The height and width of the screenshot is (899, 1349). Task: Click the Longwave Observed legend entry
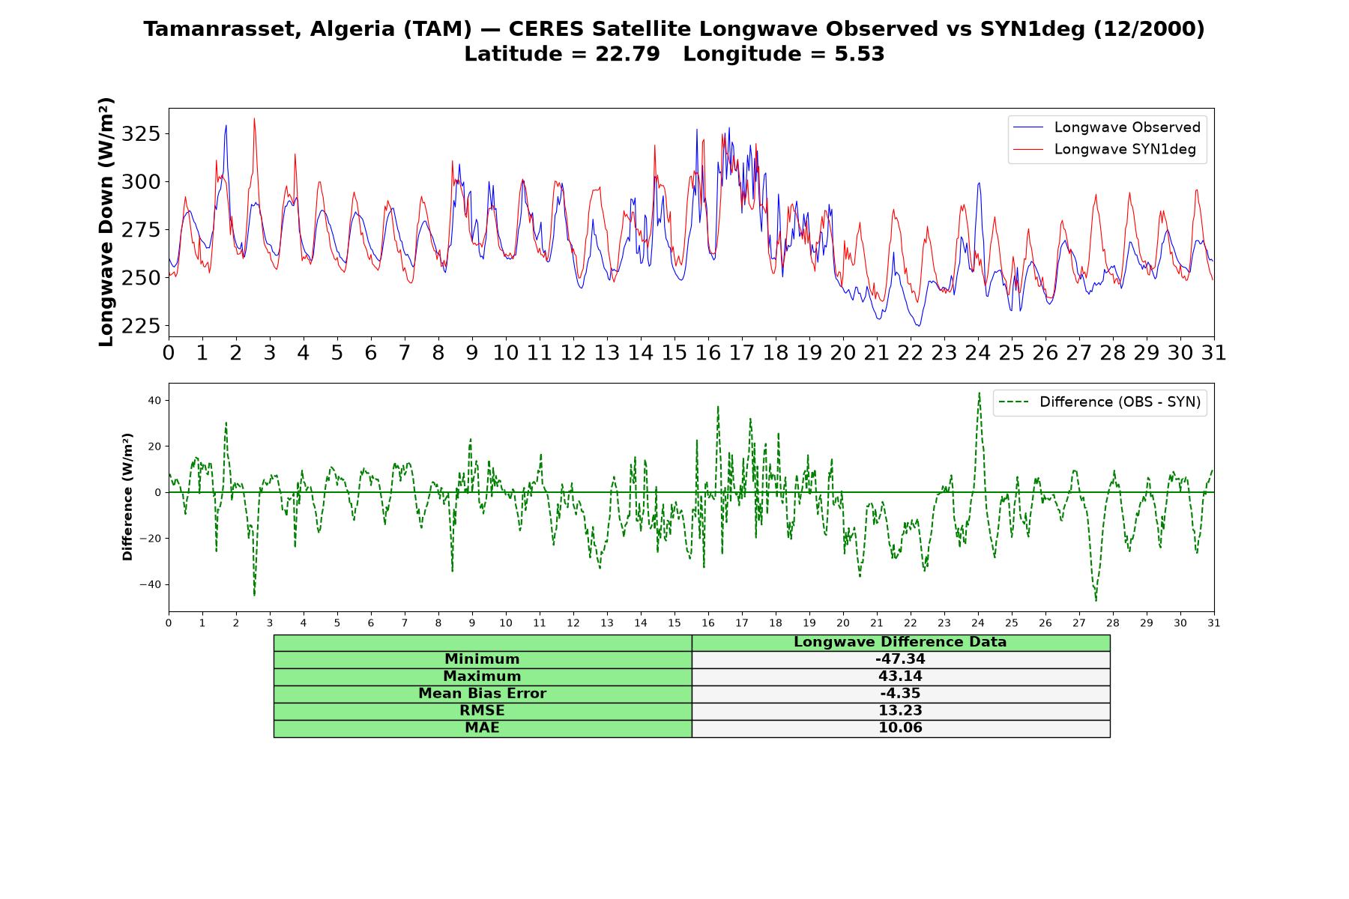1107,127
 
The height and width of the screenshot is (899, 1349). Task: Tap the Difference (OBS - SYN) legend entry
1100,402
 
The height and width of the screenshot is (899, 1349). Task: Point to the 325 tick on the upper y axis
141,134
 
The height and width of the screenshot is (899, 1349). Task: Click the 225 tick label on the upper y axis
141,326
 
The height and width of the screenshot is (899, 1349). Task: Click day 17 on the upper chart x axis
741,353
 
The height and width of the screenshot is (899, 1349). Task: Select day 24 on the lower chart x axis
977,623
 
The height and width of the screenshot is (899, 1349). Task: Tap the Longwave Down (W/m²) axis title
106,222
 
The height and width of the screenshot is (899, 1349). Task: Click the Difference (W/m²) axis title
127,497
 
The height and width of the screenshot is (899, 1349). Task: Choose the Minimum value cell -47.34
900,659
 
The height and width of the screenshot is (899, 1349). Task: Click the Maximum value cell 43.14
900,676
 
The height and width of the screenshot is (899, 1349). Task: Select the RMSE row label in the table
482,711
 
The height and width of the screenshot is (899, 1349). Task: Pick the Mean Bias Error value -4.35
900,694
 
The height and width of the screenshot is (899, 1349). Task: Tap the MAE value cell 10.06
900,728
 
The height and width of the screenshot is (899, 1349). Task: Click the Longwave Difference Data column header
900,642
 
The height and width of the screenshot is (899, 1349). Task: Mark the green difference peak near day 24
979,393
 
